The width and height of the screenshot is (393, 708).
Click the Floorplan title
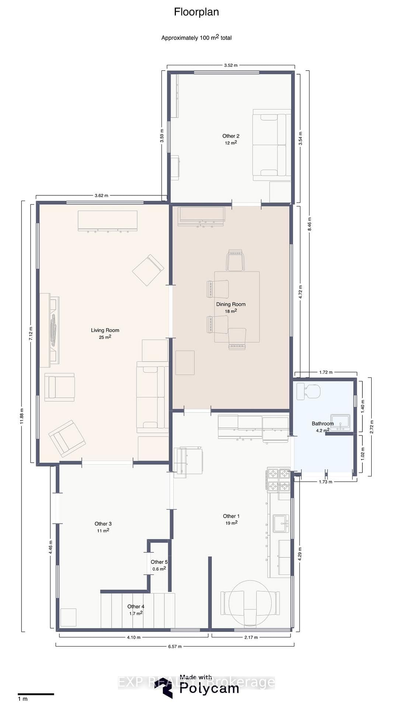click(196, 12)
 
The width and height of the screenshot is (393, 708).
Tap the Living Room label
click(105, 330)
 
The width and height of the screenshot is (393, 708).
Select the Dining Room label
click(231, 304)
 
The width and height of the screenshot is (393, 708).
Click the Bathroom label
click(323, 423)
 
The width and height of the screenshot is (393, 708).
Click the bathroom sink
click(340, 422)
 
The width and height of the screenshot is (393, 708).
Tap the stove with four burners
click(278, 480)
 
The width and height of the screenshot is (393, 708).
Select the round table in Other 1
click(250, 603)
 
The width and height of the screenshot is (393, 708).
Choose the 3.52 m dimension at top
click(231, 65)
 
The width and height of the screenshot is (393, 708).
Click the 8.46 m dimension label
click(310, 224)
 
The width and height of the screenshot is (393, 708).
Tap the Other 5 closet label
click(159, 562)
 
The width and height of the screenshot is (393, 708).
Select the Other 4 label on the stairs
click(136, 606)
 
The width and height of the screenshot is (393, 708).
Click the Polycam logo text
click(209, 688)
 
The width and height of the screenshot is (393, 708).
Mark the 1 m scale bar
click(36, 694)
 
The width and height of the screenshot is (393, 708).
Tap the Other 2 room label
click(231, 136)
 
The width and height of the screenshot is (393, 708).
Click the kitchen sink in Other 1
click(281, 523)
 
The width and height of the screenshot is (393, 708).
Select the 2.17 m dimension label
click(251, 637)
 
